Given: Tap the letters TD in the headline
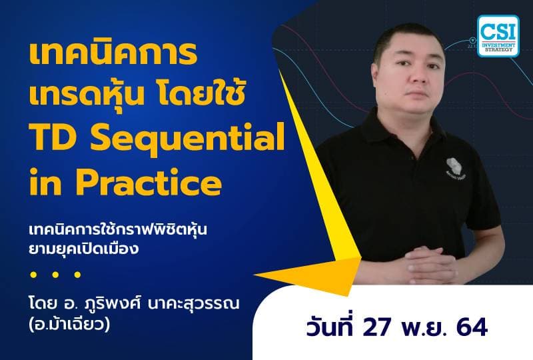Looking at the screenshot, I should (x=52, y=139).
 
